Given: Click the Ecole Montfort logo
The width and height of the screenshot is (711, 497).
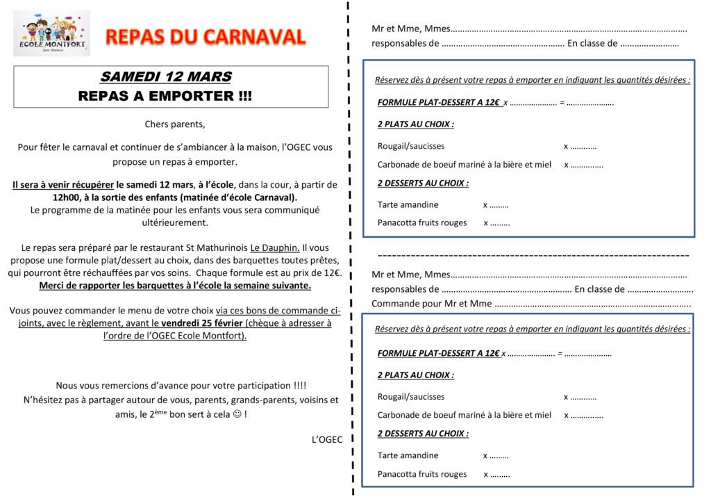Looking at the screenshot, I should pyautogui.click(x=52, y=33).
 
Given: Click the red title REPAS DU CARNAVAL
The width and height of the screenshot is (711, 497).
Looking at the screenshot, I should pyautogui.click(x=205, y=37).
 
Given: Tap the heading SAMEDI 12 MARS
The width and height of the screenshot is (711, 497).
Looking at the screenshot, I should pyautogui.click(x=166, y=77).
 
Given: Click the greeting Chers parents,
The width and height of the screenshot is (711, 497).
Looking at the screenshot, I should pyautogui.click(x=175, y=124).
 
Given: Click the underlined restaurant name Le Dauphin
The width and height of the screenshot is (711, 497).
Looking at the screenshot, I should pyautogui.click(x=275, y=247).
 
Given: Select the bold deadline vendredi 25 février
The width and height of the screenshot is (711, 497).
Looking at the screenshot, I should pyautogui.click(x=202, y=323).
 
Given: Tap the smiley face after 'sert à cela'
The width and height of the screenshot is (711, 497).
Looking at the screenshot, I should pyautogui.click(x=237, y=414).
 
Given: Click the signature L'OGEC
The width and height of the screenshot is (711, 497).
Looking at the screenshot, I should pyautogui.click(x=327, y=439).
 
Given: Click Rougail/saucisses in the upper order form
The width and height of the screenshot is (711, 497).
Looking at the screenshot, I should pyautogui.click(x=411, y=146).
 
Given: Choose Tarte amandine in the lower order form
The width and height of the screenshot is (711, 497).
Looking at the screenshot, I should pyautogui.click(x=408, y=455).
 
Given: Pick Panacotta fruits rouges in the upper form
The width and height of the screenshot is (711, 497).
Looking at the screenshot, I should pyautogui.click(x=422, y=223).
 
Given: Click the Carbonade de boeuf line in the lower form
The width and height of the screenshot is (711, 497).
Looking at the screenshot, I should pyautogui.click(x=464, y=415).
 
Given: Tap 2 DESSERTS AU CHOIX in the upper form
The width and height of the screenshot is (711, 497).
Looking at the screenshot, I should pyautogui.click(x=423, y=184).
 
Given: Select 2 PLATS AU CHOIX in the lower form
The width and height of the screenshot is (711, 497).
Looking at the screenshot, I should pyautogui.click(x=416, y=375).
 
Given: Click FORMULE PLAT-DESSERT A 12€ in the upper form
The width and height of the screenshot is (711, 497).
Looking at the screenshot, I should pyautogui.click(x=439, y=103).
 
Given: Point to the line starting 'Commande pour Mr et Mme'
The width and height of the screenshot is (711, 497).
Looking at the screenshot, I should pyautogui.click(x=432, y=303).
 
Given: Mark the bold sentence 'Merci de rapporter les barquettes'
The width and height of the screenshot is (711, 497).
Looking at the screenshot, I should pyautogui.click(x=175, y=286).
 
